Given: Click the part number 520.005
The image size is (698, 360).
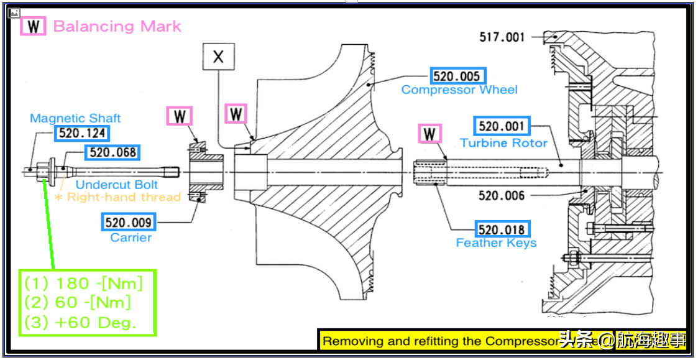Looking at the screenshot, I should pos(457,76).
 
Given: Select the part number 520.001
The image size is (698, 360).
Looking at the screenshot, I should pos(502,126).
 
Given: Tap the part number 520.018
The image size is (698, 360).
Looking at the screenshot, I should pos(502,229).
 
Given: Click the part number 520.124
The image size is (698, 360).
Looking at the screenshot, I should pos(81,133).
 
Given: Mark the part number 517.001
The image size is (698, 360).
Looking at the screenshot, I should pos(502,37).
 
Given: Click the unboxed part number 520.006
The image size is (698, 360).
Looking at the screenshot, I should pos(502,196).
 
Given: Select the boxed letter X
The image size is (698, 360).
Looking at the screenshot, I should pos(218,57).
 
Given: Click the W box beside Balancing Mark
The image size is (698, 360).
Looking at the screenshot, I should pos(34,26).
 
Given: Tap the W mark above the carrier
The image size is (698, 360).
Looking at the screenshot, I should pos(180,116).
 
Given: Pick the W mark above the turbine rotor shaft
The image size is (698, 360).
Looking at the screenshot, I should pos(429,134).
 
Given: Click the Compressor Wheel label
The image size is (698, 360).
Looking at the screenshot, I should pos(459,90).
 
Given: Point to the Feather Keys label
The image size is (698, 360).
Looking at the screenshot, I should pos(496,243).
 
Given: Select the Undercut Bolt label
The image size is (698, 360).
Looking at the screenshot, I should pos(117,185).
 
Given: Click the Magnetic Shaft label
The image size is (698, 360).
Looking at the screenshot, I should pos(75,118).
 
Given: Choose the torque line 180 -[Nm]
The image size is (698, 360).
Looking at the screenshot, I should pos(83,284).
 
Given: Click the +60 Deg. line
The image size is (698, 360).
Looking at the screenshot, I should pos(80,323).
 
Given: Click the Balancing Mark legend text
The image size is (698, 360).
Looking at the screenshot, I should pos(117,26).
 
